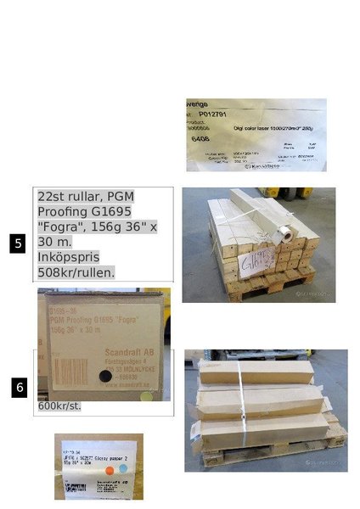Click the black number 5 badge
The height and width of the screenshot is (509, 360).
pyautogui.click(x=18, y=243)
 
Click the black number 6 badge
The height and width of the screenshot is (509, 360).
pyautogui.click(x=20, y=388)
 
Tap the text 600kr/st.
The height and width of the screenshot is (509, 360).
pyautogui.click(x=59, y=406)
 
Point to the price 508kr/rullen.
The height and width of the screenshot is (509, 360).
pyautogui.click(x=76, y=272)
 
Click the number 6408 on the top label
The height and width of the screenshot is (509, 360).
pyautogui.click(x=201, y=137)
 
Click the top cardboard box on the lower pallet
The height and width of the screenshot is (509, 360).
pyautogui.click(x=255, y=370)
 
